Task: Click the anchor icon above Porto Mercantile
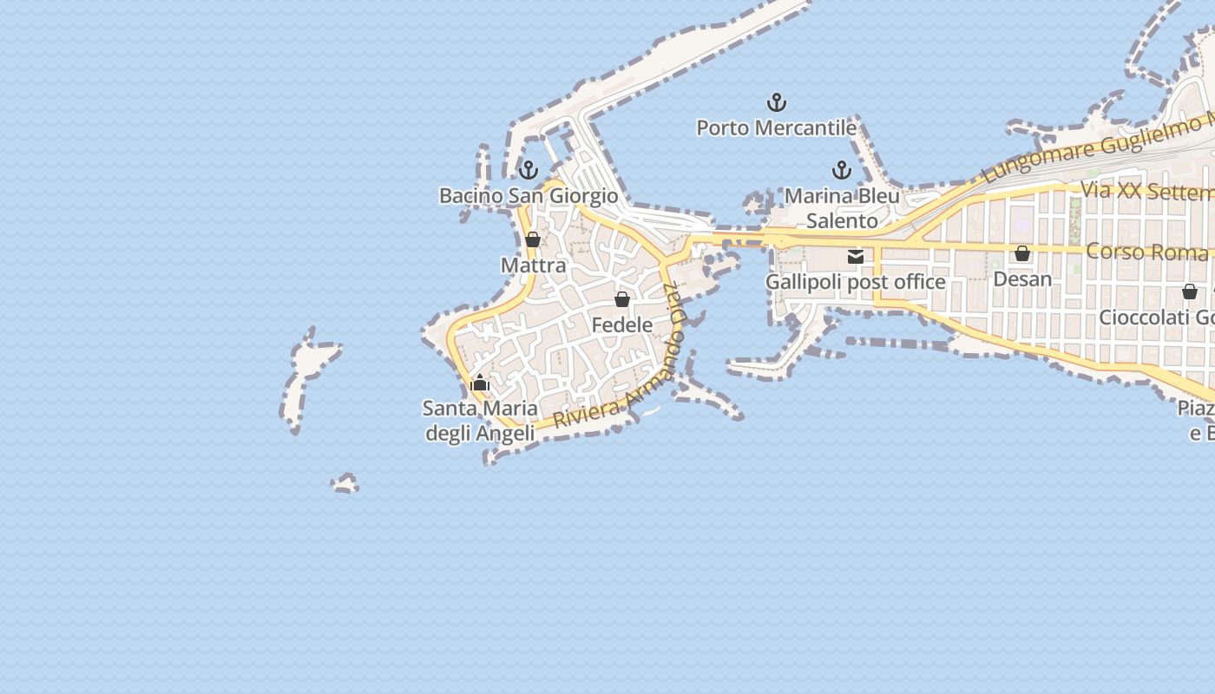(777, 103)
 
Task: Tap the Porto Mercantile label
(777, 128)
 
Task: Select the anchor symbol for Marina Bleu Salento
(841, 170)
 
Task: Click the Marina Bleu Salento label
(842, 208)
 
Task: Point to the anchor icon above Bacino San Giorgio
(529, 170)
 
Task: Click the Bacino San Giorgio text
(529, 196)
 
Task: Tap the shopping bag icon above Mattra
(533, 240)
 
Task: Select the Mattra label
(533, 265)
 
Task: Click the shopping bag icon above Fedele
(621, 300)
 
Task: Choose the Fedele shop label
(621, 325)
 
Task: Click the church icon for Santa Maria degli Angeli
(480, 383)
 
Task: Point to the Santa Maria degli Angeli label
(480, 421)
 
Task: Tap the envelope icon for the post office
(856, 257)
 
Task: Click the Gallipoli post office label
(855, 282)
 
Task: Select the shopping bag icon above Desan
(1022, 253)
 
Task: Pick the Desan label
(1022, 279)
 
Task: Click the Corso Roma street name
(1146, 252)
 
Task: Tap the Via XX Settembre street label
(1146, 192)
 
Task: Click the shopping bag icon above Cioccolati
(1189, 292)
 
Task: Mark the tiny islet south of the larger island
(345, 484)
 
